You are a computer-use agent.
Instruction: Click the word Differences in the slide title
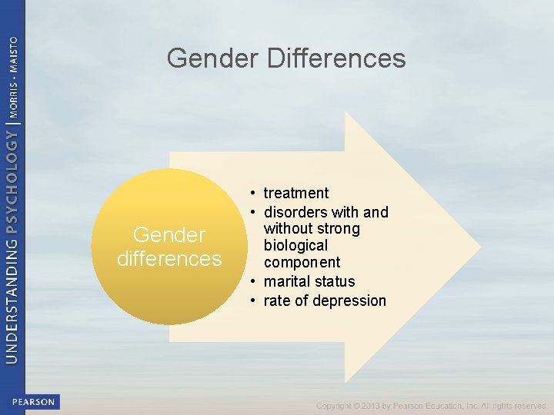point(336,58)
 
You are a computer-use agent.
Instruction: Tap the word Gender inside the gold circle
point(169,234)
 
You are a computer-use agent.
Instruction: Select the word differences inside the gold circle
point(169,258)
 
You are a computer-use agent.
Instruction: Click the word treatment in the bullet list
point(296,193)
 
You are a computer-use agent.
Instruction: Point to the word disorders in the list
point(295,211)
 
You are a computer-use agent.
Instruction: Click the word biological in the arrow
point(296,245)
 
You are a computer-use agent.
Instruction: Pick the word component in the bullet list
point(302,263)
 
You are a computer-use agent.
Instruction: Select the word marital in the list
point(285,281)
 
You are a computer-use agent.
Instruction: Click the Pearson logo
point(33,402)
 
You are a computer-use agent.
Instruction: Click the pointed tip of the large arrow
point(480,247)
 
